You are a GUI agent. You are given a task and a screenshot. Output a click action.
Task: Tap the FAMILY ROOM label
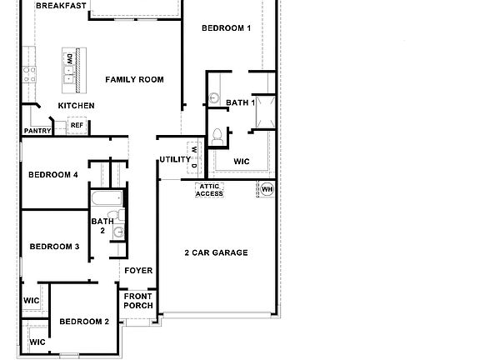134,80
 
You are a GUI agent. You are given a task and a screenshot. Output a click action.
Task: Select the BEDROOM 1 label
226,28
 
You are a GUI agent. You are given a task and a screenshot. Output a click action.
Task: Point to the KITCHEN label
76,106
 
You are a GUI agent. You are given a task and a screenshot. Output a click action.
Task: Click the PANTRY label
37,131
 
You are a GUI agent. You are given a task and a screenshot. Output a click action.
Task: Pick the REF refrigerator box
77,125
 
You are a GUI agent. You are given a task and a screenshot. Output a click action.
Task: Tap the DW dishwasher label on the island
68,61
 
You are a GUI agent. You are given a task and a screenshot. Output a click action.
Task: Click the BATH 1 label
240,103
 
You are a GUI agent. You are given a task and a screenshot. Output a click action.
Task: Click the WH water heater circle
267,189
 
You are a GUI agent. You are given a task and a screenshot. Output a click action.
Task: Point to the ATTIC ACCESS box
209,190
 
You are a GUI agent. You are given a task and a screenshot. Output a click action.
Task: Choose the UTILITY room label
175,159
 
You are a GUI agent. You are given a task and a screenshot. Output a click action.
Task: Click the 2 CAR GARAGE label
216,252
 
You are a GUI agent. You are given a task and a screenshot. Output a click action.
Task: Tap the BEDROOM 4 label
52,175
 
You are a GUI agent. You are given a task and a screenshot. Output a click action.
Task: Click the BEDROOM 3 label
54,247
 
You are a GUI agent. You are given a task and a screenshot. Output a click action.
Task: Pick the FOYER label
138,271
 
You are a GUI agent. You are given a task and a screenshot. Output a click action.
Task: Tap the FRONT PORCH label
138,301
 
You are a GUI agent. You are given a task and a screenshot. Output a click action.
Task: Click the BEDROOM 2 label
84,322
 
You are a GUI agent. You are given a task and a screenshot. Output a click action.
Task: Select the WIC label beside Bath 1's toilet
242,161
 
